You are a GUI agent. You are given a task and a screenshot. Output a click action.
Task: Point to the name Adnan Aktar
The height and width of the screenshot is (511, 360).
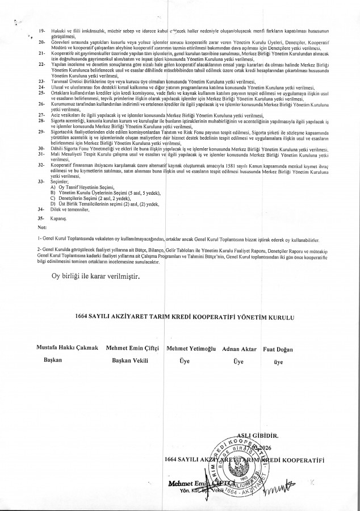pyautogui.click(x=238, y=347)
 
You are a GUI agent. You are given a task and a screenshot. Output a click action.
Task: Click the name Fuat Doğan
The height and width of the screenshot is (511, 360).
pyautogui.click(x=278, y=347)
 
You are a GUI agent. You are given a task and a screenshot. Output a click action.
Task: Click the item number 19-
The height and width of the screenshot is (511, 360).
pyautogui.click(x=41, y=28)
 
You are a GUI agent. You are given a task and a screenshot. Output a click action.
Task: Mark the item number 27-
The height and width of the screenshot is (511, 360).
pyautogui.click(x=41, y=115)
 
